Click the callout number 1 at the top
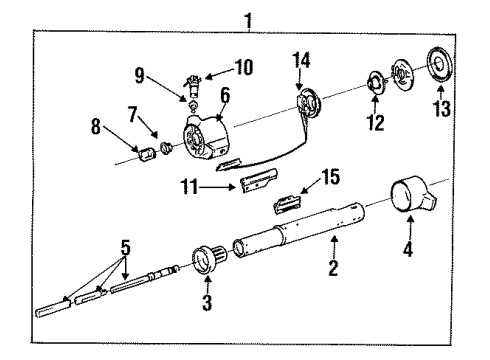point(247,18)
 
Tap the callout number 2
point(334,268)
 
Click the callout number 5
point(124,246)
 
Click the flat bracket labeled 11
point(259,181)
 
